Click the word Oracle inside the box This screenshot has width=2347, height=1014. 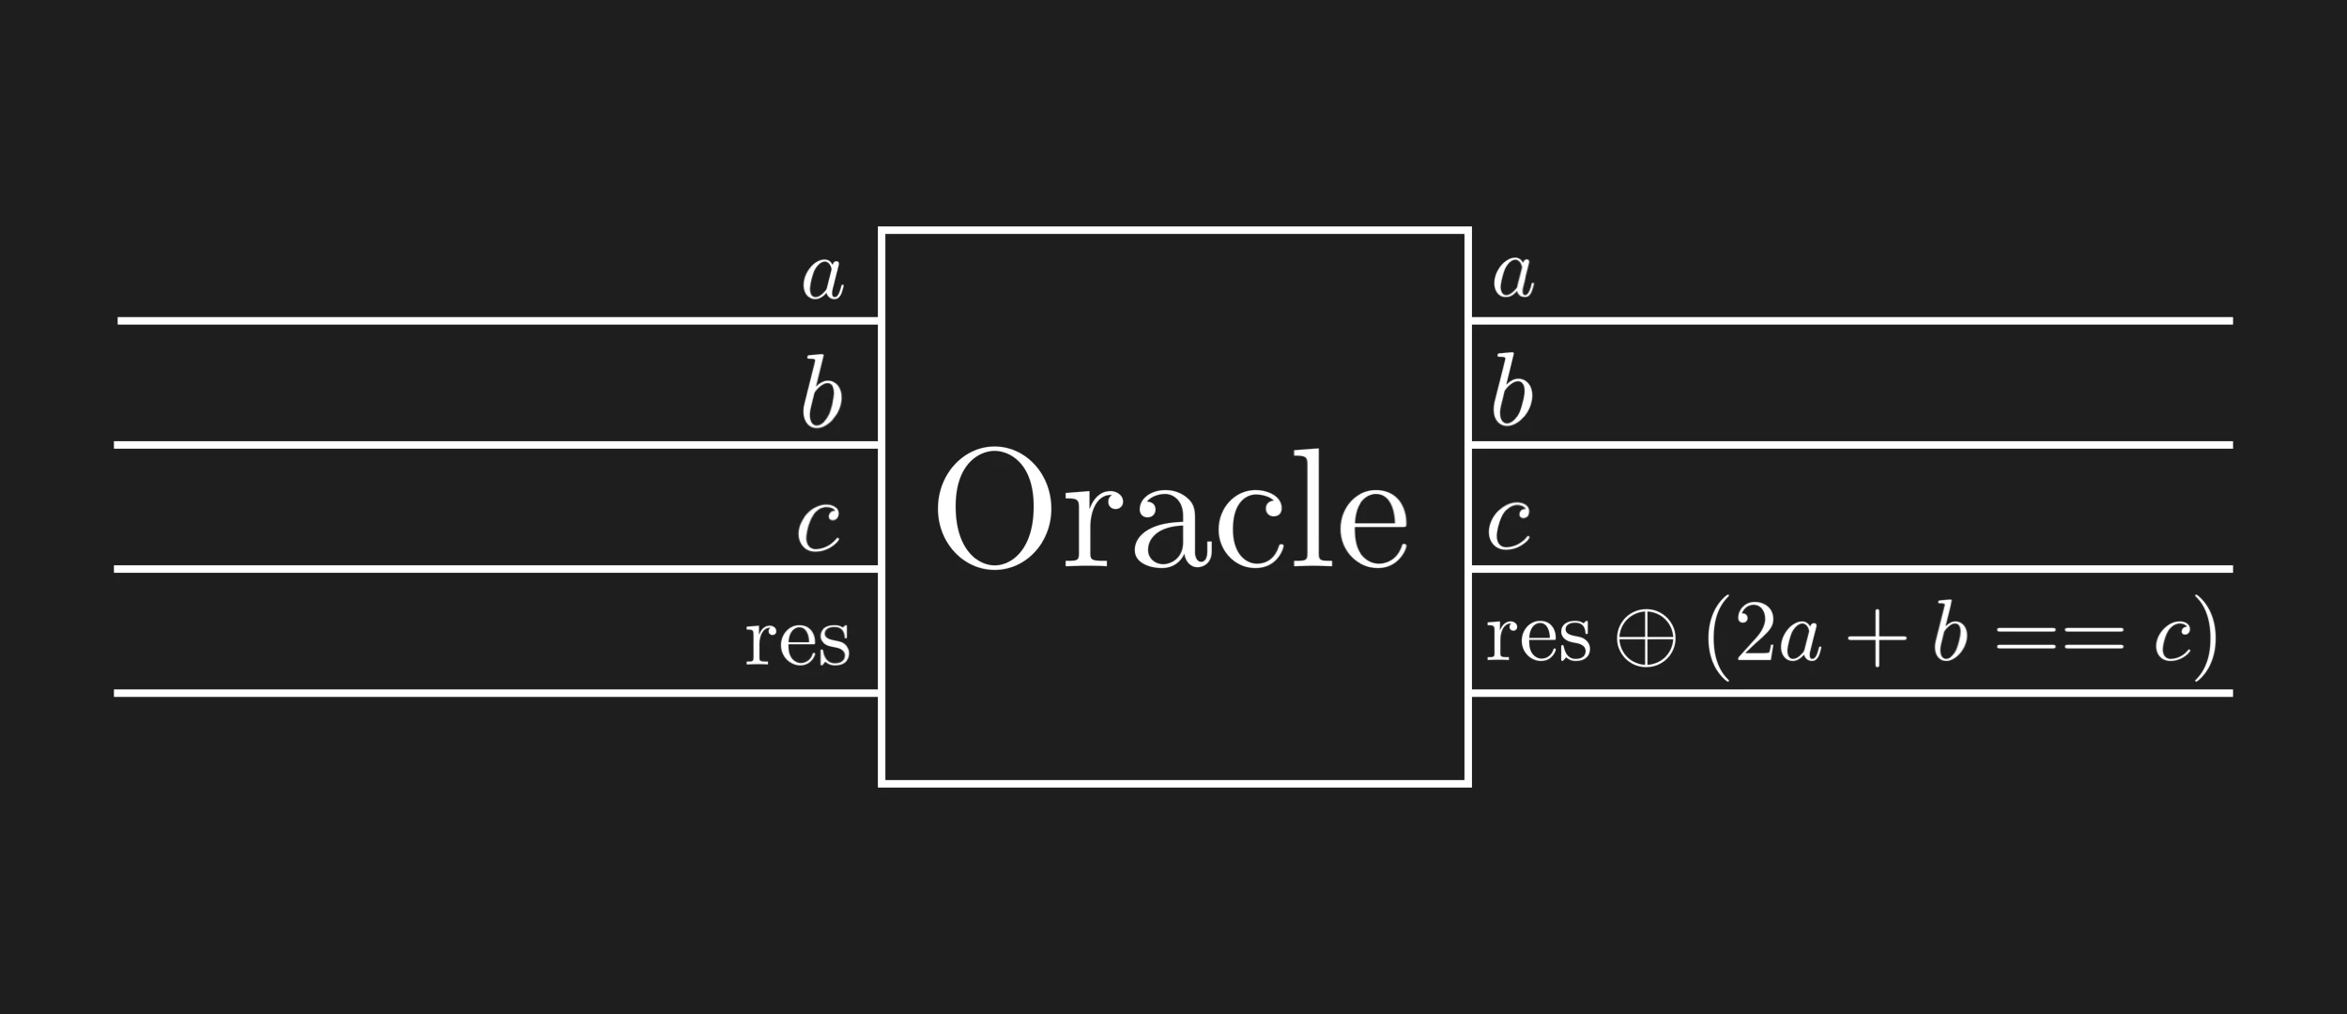[1172, 509]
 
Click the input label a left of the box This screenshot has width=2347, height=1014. [823, 278]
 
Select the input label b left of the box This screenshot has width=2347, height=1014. [821, 392]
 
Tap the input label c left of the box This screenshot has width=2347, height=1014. [819, 527]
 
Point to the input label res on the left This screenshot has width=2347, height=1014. [798, 641]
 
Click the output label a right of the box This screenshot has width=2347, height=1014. [1513, 276]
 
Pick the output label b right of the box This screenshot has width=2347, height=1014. [1512, 390]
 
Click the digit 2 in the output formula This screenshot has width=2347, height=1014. [1754, 636]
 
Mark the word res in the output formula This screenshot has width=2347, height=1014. [1539, 638]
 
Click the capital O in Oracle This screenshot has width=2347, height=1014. [993, 508]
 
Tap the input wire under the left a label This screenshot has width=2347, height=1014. [498, 321]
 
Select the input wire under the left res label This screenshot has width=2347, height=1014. [496, 693]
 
